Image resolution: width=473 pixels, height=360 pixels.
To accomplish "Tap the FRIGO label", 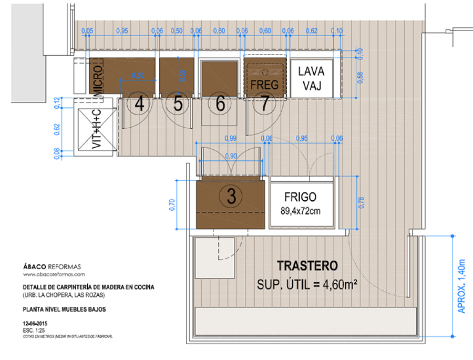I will [301, 197].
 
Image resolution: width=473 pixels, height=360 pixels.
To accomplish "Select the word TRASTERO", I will [307, 266].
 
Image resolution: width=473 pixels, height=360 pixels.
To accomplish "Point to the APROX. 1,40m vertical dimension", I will [462, 286].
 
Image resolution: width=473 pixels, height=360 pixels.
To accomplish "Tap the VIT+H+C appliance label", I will [97, 129].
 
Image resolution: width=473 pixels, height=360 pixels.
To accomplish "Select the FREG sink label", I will [264, 84].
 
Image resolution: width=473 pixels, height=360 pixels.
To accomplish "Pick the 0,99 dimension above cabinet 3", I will [230, 138].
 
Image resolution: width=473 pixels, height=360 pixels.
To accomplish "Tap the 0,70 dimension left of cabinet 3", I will [172, 204].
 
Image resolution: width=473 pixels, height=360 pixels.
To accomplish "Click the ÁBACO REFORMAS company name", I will [52, 267].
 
